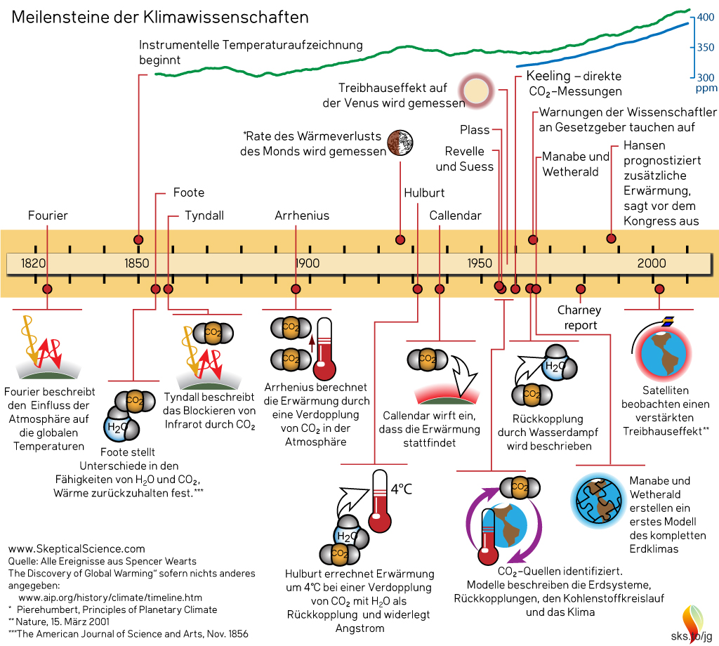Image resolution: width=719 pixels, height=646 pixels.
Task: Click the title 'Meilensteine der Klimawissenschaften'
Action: (160, 16)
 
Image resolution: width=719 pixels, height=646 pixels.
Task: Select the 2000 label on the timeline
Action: (652, 263)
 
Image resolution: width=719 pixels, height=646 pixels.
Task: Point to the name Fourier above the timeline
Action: (48, 216)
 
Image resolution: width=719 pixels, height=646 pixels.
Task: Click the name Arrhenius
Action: (302, 216)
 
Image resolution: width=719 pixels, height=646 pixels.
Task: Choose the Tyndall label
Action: (204, 216)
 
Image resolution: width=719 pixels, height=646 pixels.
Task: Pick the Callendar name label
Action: (456, 216)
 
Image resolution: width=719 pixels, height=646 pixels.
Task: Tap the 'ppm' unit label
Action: (706, 89)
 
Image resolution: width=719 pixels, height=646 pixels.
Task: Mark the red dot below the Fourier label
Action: (48, 289)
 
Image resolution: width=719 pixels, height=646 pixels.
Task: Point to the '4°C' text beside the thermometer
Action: (401, 489)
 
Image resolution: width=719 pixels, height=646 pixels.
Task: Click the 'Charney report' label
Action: (579, 317)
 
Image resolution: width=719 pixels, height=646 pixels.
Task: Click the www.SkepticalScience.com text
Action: (76, 548)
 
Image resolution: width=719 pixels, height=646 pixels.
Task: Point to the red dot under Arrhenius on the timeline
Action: (295, 289)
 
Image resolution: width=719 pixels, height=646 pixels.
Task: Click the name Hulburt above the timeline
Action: (424, 193)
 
